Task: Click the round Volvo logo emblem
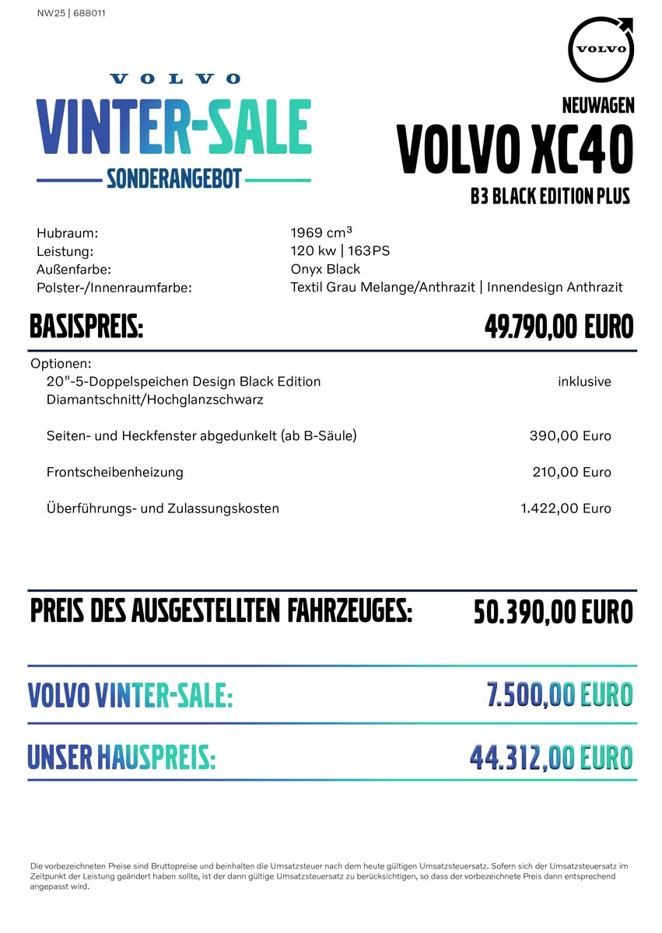(601, 48)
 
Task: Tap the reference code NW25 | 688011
(72, 13)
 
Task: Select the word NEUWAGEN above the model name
(597, 105)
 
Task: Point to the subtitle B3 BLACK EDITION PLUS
(550, 196)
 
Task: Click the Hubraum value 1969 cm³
(321, 232)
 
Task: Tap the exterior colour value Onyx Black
(325, 269)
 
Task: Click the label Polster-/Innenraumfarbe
(114, 288)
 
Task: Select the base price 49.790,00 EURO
(559, 327)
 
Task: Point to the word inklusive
(584, 382)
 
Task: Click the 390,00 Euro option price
(570, 436)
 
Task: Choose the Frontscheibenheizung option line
(115, 472)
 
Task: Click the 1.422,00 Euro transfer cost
(566, 508)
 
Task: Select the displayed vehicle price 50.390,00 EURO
(553, 613)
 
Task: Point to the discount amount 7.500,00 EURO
(559, 695)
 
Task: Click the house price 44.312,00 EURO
(551, 757)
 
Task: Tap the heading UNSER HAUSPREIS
(121, 757)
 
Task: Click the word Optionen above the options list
(61, 364)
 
